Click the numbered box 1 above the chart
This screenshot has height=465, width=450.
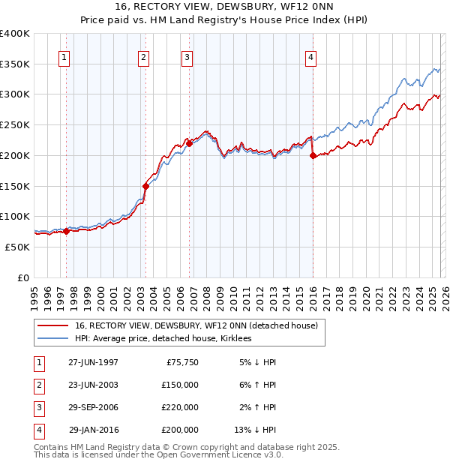click(x=65, y=57)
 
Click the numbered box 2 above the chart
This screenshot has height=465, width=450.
click(x=144, y=57)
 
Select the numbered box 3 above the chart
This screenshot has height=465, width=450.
click(x=187, y=57)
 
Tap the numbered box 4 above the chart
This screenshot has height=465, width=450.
click(x=310, y=57)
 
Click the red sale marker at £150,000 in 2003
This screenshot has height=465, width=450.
click(x=145, y=186)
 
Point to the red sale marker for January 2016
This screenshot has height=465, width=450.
click(x=312, y=156)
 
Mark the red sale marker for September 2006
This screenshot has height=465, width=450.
click(x=189, y=143)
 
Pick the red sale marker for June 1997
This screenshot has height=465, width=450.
click(x=66, y=232)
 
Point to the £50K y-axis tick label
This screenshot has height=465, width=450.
click(x=18, y=247)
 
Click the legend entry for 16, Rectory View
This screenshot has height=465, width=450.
click(x=196, y=325)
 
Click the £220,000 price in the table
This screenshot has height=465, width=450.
click(x=179, y=407)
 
